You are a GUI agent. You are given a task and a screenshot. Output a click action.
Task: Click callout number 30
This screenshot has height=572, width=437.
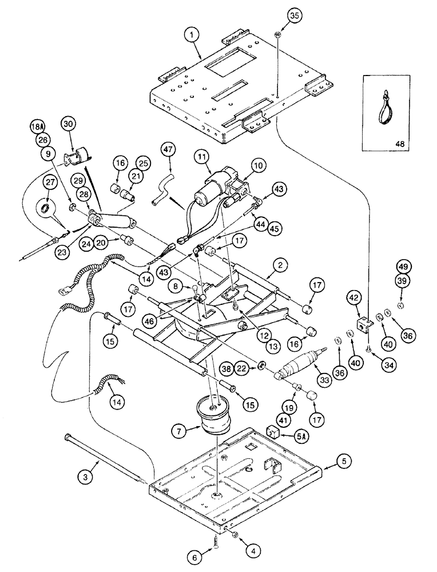tap(69, 123)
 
